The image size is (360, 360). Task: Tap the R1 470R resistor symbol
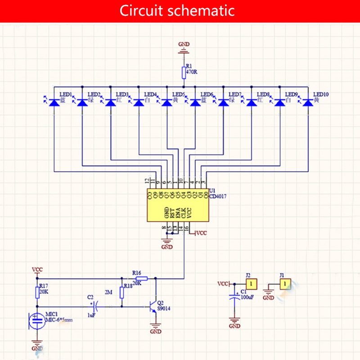tap(184, 72)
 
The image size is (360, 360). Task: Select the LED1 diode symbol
tap(54, 103)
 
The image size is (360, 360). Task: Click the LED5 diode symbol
tap(167, 103)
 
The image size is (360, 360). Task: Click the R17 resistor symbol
tap(37, 293)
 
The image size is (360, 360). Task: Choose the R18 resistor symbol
tap(121, 292)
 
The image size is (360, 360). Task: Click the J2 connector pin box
tap(252, 284)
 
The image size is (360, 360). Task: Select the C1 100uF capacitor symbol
tap(234, 297)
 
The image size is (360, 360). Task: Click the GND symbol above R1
tap(184, 50)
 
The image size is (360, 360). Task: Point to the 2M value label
tap(108, 292)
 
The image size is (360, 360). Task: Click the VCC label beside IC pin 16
tap(201, 233)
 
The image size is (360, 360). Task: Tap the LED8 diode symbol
tap(252, 103)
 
